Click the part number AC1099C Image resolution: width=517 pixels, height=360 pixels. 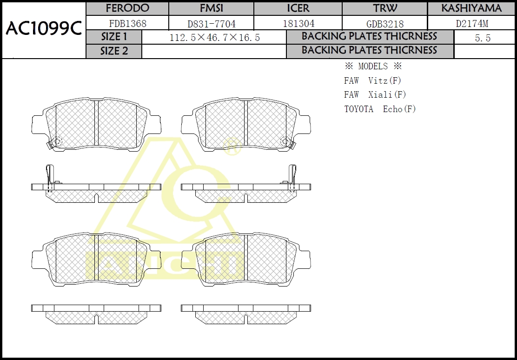(x=43, y=29)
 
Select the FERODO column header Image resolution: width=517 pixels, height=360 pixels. (x=127, y=8)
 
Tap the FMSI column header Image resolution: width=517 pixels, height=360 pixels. (x=211, y=8)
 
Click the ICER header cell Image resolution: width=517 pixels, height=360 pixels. (x=298, y=8)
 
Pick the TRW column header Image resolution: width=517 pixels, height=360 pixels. (x=385, y=8)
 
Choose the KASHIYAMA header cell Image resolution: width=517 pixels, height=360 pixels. (x=471, y=8)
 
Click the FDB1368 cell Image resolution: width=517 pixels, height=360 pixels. (x=127, y=23)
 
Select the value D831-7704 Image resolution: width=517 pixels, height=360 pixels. (x=211, y=24)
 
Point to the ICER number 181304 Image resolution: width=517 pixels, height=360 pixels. (x=298, y=23)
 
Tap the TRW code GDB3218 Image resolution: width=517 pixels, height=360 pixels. (x=385, y=24)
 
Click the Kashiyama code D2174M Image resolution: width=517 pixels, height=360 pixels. (x=471, y=23)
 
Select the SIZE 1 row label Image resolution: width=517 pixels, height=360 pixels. (x=114, y=37)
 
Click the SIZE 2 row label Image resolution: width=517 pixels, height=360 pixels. (x=114, y=51)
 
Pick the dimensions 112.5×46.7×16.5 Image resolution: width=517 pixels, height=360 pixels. (x=214, y=38)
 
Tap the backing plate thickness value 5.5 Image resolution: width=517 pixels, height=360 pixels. (x=483, y=38)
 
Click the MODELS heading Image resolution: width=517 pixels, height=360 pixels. (x=373, y=67)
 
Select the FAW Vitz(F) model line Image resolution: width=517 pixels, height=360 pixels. (x=372, y=81)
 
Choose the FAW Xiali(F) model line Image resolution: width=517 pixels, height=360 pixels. (x=375, y=95)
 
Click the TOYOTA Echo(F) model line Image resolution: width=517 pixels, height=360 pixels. (x=380, y=109)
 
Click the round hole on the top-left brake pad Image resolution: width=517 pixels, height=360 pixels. (x=58, y=141)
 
